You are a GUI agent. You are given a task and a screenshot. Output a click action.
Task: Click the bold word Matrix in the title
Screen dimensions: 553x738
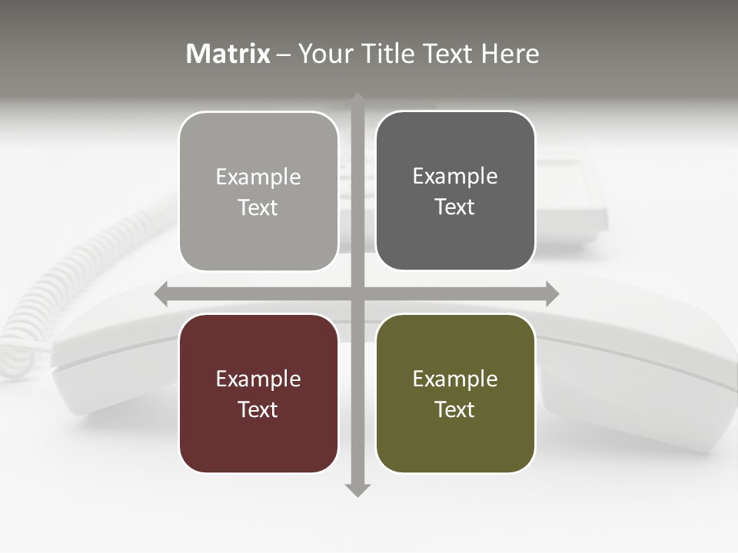pos(228,54)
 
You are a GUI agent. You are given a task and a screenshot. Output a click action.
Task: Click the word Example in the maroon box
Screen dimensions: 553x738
pos(258,379)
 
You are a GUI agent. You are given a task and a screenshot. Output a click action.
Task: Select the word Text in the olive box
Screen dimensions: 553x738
pos(455,409)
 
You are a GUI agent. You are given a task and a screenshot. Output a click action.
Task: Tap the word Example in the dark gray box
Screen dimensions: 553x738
pos(455,176)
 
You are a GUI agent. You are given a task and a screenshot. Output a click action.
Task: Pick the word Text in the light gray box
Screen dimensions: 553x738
pos(258,207)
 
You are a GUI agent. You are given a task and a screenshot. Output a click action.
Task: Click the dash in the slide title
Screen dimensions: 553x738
pos(284,55)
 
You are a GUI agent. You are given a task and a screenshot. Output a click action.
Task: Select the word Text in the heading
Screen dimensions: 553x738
pos(447,54)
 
